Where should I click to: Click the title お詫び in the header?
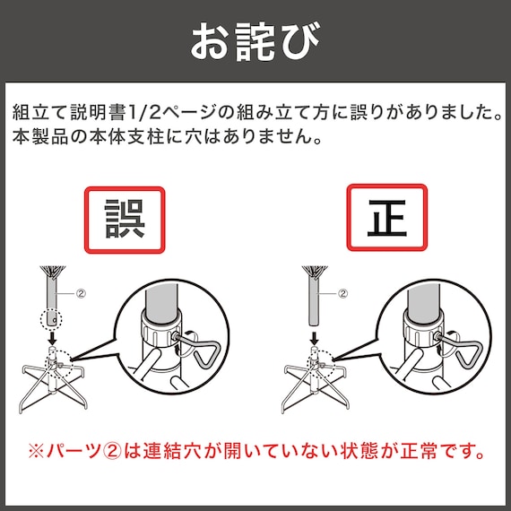click(255, 40)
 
